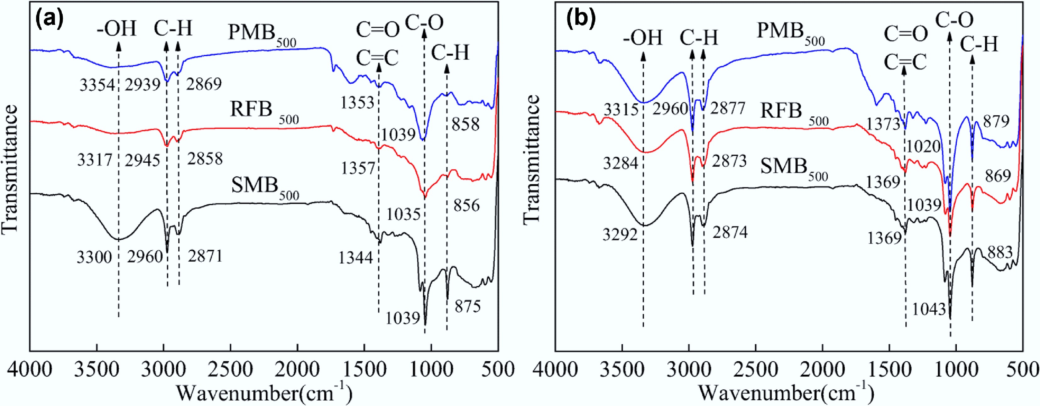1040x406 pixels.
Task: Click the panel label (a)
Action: coord(50,20)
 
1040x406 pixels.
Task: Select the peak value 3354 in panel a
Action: coord(97,86)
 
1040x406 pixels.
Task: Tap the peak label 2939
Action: coord(142,86)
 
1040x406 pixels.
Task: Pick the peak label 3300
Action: coord(94,257)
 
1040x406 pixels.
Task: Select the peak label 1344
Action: coord(355,258)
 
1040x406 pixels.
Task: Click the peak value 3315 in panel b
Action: coord(621,109)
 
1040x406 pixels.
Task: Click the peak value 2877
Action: coord(727,109)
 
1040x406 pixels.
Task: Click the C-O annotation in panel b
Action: coord(954,19)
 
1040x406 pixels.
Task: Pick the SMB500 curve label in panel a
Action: coord(264,186)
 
